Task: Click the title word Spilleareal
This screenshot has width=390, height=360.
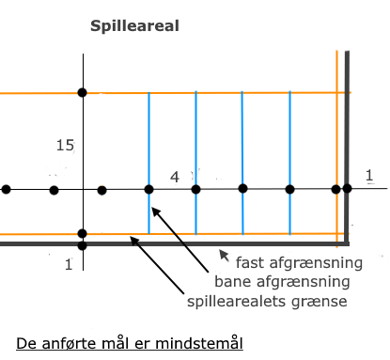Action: tap(133, 25)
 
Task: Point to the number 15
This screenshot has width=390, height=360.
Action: tap(65, 146)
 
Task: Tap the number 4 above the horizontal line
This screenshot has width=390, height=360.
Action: tap(174, 177)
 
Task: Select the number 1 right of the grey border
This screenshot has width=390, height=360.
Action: tap(369, 175)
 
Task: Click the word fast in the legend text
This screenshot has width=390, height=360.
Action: tap(250, 261)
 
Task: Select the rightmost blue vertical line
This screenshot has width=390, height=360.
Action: tap(289, 141)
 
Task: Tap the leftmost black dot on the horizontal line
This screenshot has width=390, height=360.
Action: tap(7, 190)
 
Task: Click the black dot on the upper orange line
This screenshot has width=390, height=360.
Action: tap(83, 92)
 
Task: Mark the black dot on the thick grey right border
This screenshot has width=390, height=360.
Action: tap(347, 189)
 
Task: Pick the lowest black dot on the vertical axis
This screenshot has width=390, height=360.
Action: tap(83, 245)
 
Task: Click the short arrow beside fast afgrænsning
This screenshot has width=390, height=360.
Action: tap(224, 253)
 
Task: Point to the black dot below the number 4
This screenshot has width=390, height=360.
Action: tap(195, 190)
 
